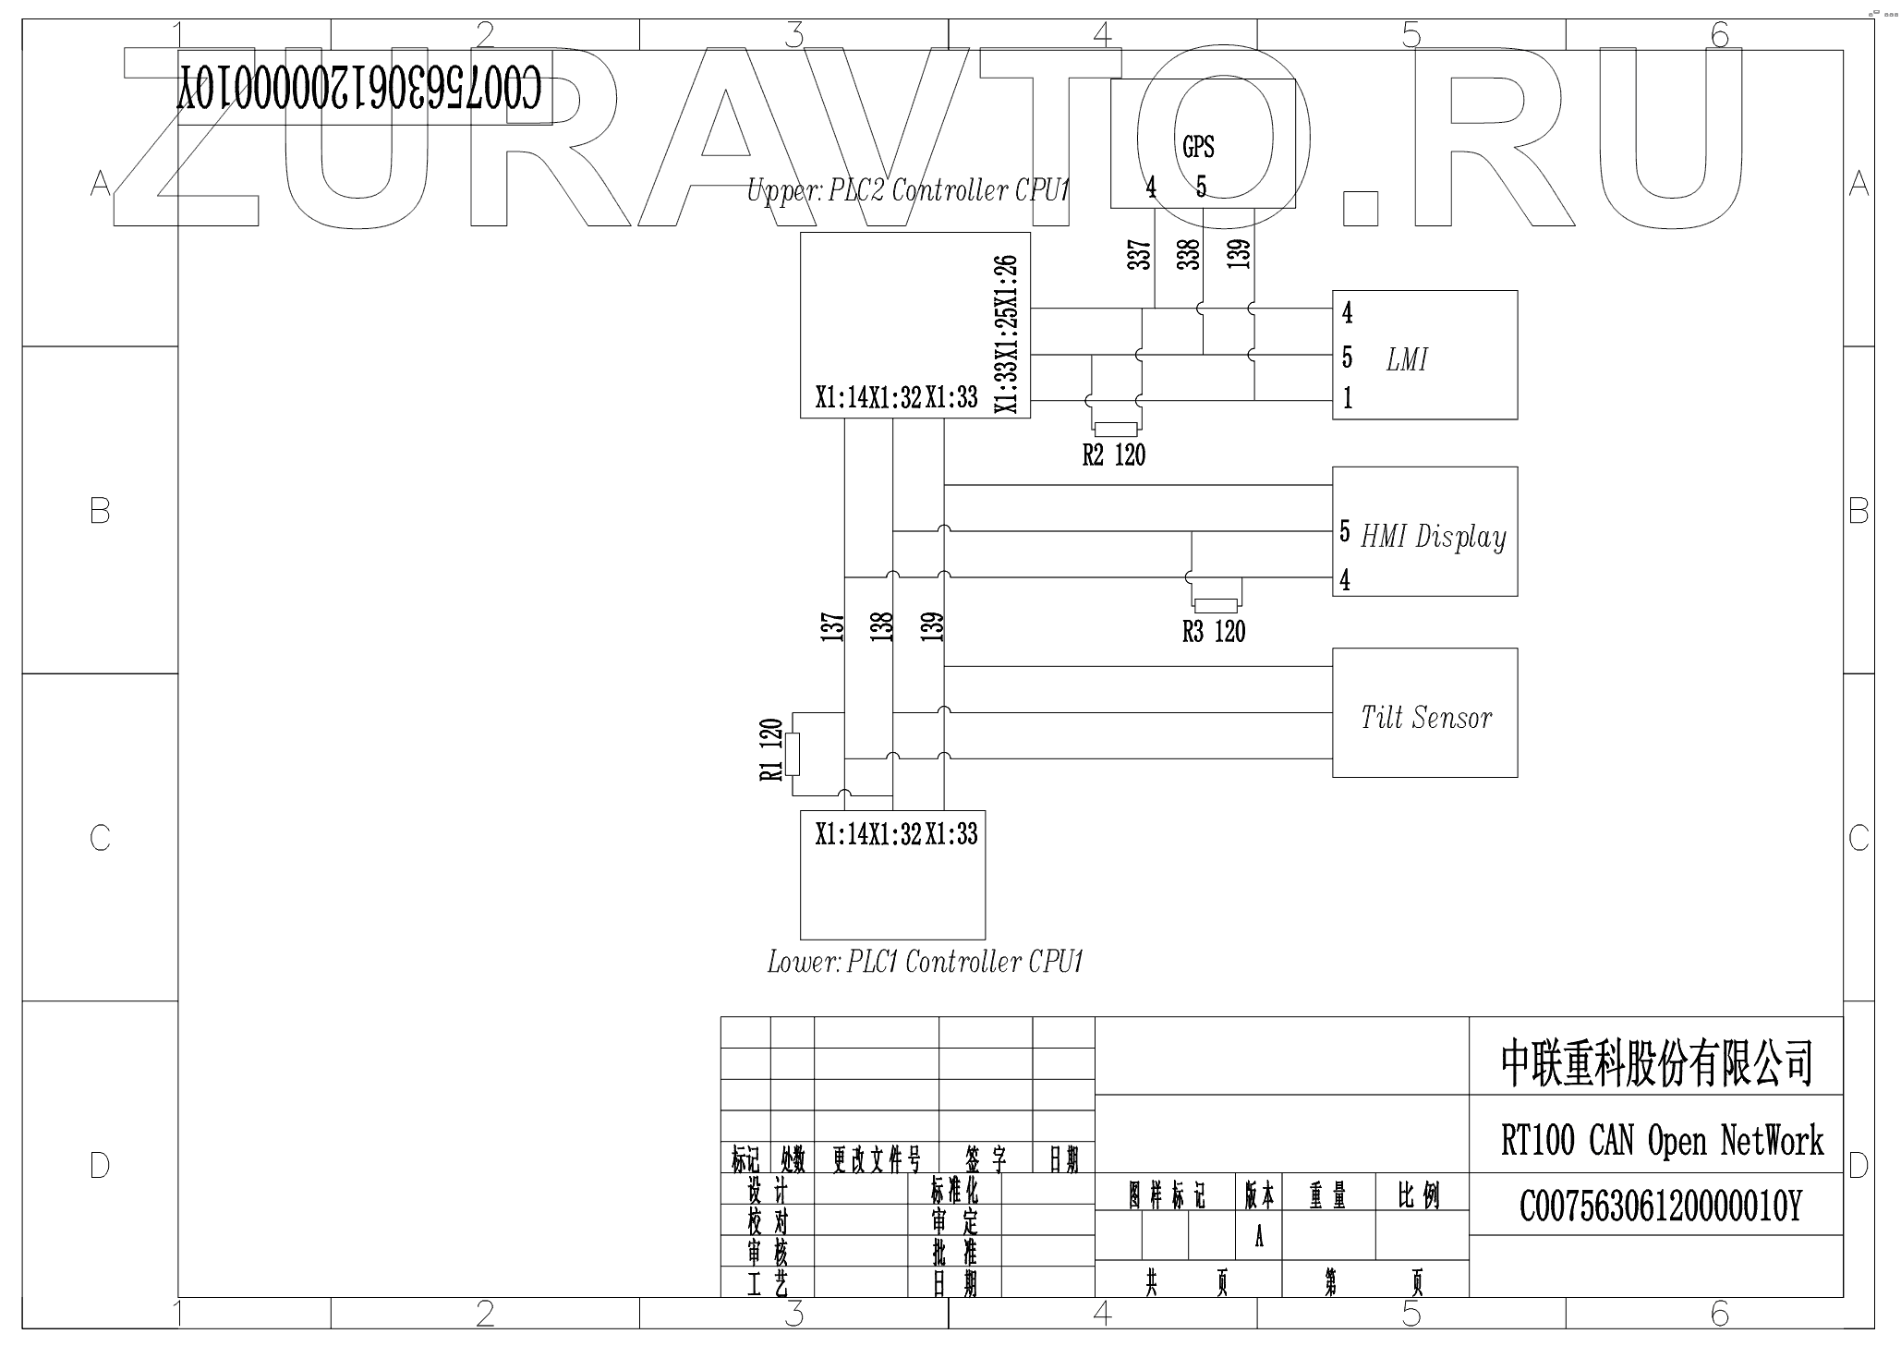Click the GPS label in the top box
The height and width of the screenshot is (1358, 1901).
point(1198,147)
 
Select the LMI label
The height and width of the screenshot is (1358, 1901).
point(1407,359)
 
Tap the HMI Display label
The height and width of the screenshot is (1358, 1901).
point(1434,537)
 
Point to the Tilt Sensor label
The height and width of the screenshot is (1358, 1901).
point(1425,718)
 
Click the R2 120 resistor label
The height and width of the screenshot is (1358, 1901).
point(1114,455)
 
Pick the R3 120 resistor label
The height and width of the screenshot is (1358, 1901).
point(1214,633)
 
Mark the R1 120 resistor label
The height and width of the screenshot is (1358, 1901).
point(772,750)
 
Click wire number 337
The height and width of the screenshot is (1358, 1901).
point(1140,255)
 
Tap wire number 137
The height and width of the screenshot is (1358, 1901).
point(833,627)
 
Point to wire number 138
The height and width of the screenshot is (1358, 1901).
point(882,627)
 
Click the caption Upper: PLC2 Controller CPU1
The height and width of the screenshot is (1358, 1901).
point(908,191)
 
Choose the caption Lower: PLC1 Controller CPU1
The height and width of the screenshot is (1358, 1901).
point(925,963)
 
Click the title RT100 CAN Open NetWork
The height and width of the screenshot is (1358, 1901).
point(1662,1141)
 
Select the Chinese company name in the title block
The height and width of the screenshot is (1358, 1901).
point(1657,1063)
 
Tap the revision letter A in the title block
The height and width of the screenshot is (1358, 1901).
point(1259,1239)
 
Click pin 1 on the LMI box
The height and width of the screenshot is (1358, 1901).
point(1348,398)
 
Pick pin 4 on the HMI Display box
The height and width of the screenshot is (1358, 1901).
point(1345,580)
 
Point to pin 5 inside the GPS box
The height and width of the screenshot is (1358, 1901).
point(1201,188)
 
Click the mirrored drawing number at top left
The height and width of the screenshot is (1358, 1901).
point(360,91)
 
